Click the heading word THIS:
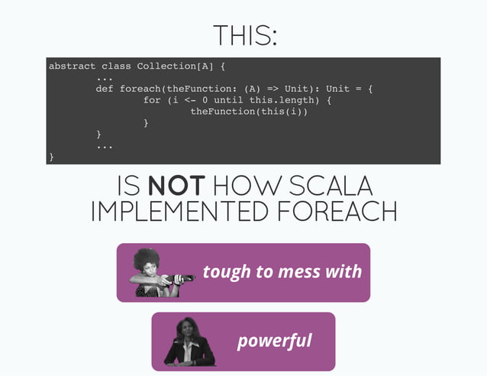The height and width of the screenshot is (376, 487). click(x=243, y=35)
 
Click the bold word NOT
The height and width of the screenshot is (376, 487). click(x=176, y=186)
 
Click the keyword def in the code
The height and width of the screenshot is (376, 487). click(x=105, y=89)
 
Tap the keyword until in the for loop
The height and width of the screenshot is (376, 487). click(x=230, y=100)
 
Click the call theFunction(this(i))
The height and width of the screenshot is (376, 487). click(x=249, y=112)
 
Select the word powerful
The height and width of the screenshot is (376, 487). click(x=275, y=340)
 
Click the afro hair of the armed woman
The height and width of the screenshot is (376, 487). click(x=145, y=258)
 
